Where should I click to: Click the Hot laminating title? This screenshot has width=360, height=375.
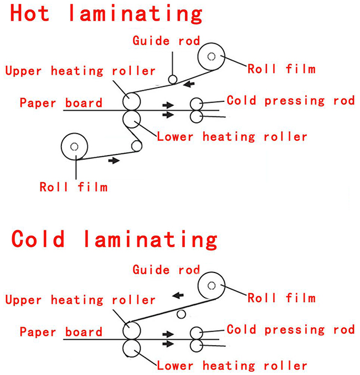click(x=106, y=14)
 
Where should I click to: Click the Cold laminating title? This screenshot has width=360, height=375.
click(x=114, y=239)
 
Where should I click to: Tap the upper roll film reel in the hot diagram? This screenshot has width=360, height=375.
click(x=211, y=57)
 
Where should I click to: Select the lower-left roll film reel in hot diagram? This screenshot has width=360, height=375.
click(x=74, y=147)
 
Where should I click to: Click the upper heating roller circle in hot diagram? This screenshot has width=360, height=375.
click(x=132, y=101)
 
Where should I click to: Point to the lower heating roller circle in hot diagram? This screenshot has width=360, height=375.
click(x=132, y=118)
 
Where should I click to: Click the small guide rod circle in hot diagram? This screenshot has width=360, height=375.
click(x=173, y=80)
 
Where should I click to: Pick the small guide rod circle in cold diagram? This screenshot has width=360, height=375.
click(x=181, y=314)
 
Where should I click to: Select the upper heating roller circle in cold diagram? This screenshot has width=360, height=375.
click(x=132, y=331)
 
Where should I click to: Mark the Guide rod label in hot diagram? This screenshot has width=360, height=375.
click(x=166, y=41)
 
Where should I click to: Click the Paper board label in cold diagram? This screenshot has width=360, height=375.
click(x=61, y=332)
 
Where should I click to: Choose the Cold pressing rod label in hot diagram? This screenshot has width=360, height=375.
click(x=290, y=101)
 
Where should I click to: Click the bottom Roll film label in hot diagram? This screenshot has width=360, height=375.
click(x=73, y=187)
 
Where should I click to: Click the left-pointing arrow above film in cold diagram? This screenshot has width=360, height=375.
click(x=177, y=296)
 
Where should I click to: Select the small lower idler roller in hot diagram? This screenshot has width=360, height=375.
click(x=136, y=146)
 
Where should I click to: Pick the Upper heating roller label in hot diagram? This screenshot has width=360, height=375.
click(x=80, y=71)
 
